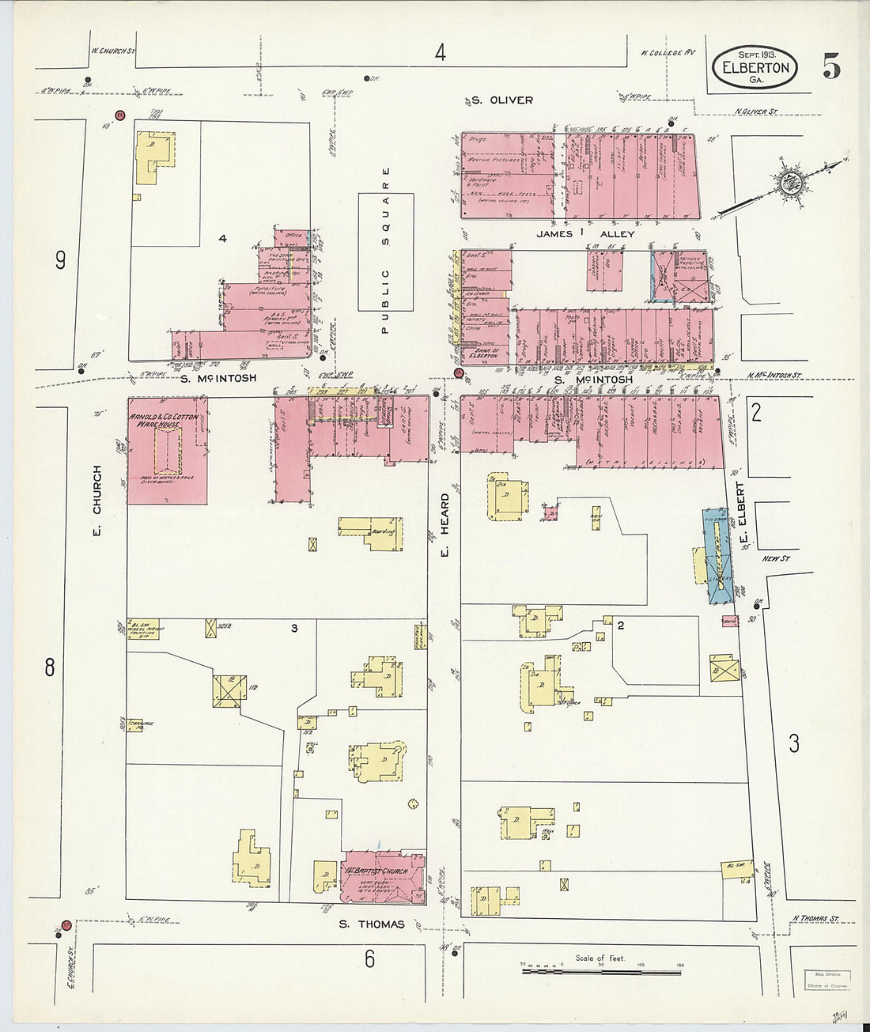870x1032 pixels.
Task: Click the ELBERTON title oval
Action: [x=755, y=68]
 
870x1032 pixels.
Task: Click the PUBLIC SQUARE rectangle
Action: [x=385, y=251]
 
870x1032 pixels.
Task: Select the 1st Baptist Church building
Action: [x=382, y=877]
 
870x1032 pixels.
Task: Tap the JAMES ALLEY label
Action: [x=585, y=234]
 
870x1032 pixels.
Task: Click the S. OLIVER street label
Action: [x=499, y=100]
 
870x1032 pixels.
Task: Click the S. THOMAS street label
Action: [x=372, y=924]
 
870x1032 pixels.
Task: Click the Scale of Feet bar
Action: [x=601, y=968]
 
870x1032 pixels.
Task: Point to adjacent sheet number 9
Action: [x=60, y=261]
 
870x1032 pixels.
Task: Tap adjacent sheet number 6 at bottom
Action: [x=369, y=958]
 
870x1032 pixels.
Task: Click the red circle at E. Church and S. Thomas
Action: [x=66, y=924]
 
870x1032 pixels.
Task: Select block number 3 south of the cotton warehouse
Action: [x=293, y=629]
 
